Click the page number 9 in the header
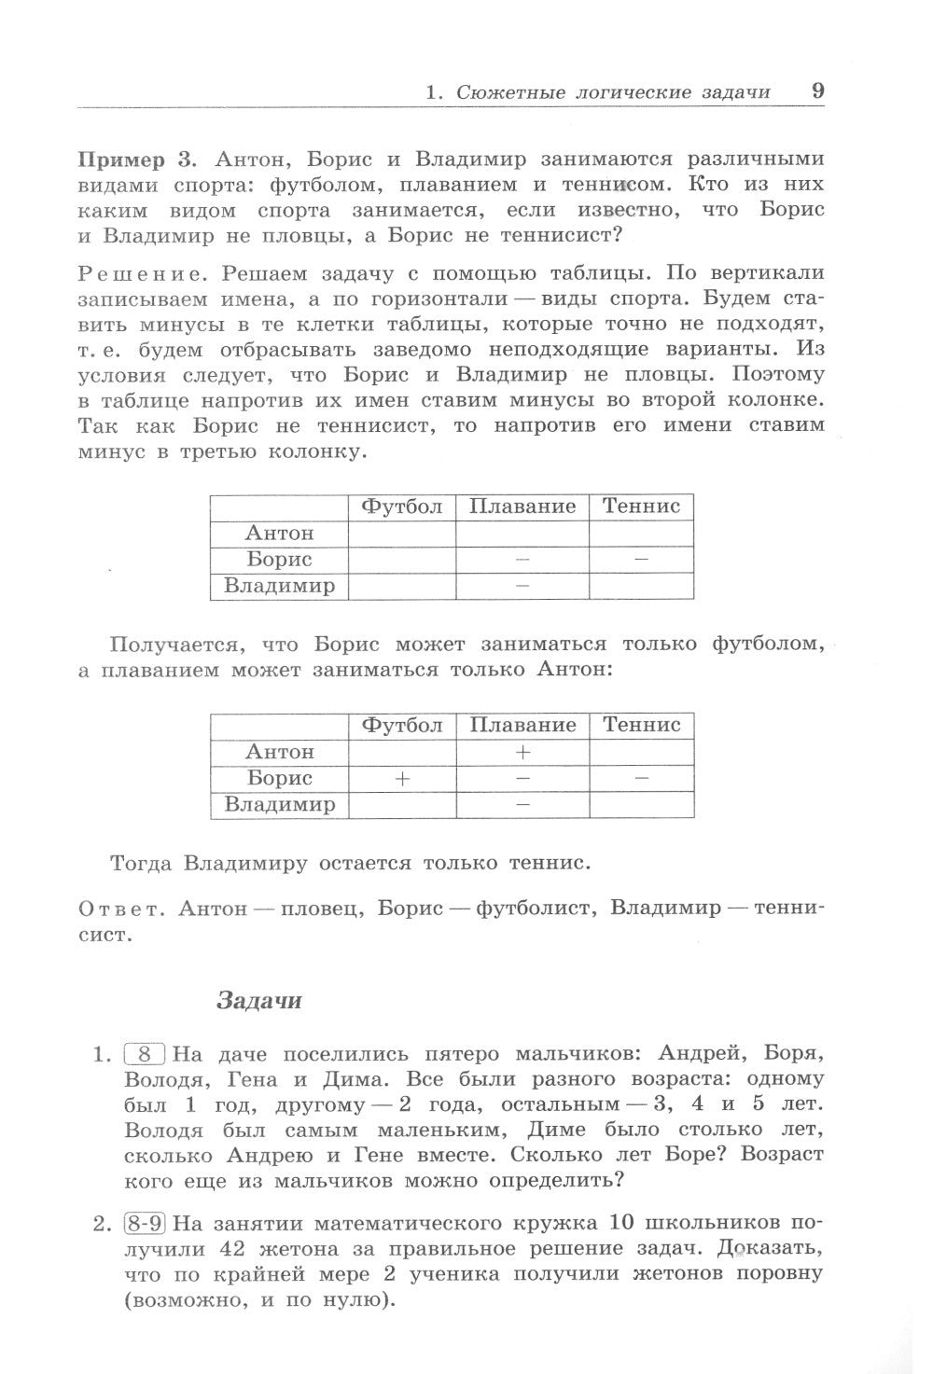[817, 90]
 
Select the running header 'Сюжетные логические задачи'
[614, 92]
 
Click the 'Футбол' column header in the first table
[401, 507]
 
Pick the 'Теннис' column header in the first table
[641, 507]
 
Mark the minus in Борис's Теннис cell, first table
[641, 560]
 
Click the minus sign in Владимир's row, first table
[522, 586]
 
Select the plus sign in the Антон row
[522, 752]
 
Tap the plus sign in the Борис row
[401, 779]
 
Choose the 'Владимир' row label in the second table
[279, 805]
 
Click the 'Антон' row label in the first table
[279, 534]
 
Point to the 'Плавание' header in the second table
[522, 725]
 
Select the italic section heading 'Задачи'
[259, 1000]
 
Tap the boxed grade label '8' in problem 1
[144, 1055]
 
